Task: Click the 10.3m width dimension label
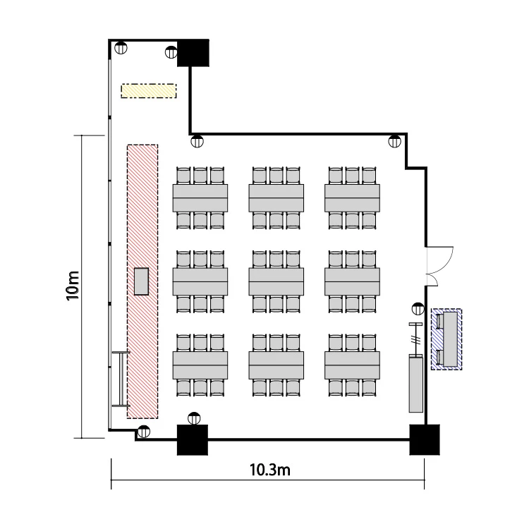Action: pos(270,470)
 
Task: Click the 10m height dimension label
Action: pos(73,286)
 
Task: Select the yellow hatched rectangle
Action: pos(149,91)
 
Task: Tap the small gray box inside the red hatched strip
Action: pos(141,281)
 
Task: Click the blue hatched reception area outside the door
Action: pos(446,339)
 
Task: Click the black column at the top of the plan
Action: pos(193,53)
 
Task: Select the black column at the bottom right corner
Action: pos(425,439)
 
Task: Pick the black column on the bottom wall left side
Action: pos(193,439)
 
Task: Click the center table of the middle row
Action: pos(276,281)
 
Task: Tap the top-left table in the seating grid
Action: pos(200,197)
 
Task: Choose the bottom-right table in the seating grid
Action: pos(352,365)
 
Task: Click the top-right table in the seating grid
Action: pos(352,197)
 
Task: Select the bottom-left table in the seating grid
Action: pos(200,365)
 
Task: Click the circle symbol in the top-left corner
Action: pos(121,47)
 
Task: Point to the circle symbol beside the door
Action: pos(418,309)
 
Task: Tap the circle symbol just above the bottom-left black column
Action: pos(194,418)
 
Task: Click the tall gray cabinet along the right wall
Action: pos(415,383)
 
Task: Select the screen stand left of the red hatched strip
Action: pos(121,379)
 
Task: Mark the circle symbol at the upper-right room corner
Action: pos(395,141)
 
